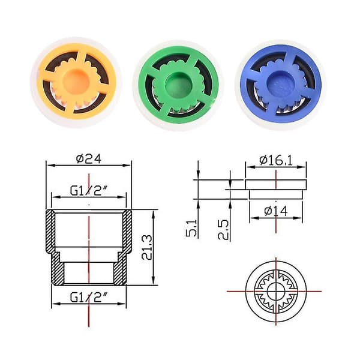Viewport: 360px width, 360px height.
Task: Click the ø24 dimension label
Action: click(x=89, y=159)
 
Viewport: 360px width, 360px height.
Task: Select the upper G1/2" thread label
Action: click(x=89, y=191)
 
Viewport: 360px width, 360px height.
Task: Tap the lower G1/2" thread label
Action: click(x=89, y=298)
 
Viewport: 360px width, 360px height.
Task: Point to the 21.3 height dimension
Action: click(x=147, y=247)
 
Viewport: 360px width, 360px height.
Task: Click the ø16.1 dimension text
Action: click(x=276, y=160)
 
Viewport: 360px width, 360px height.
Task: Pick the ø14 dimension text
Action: click(x=276, y=211)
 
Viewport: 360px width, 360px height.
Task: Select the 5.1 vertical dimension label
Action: click(x=191, y=228)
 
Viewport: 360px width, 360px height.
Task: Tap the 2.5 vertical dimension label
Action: click(x=223, y=230)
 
